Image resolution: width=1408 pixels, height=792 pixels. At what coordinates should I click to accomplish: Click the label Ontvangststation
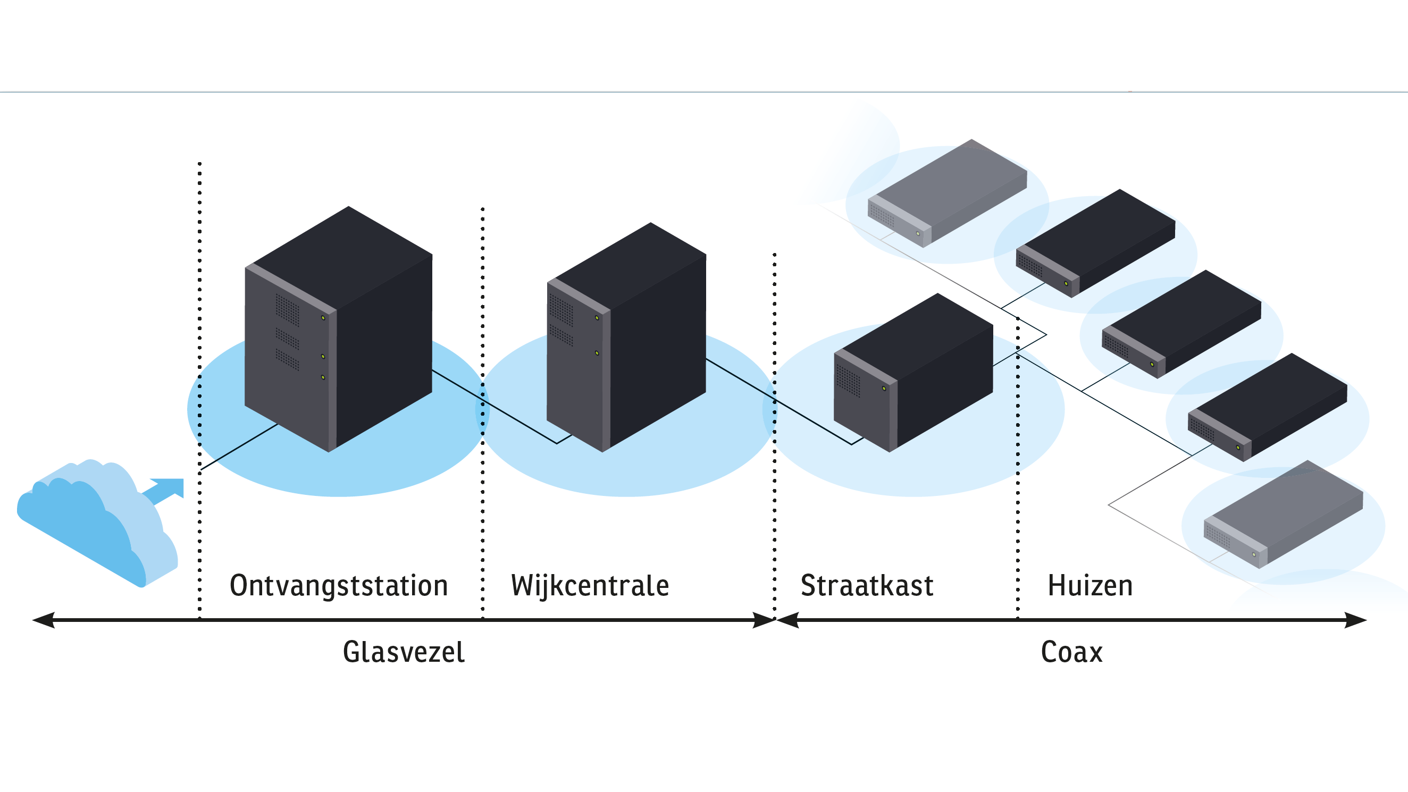click(339, 585)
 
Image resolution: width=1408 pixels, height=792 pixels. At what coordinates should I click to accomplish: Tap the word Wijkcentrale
click(590, 585)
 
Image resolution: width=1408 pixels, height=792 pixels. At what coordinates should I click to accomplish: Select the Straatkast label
click(867, 585)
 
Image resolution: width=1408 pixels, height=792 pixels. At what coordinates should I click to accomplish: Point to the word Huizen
click(1090, 585)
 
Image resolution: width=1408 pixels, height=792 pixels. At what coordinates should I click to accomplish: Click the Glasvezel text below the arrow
click(404, 652)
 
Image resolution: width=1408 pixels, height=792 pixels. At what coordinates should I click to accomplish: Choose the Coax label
click(1071, 652)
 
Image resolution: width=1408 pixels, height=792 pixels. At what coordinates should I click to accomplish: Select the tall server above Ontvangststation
click(338, 328)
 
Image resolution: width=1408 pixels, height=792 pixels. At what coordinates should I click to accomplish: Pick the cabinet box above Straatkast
click(913, 372)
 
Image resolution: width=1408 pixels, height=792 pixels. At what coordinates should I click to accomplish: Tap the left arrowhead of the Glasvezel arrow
click(44, 620)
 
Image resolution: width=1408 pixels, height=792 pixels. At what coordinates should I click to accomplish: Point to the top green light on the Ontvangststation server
click(323, 317)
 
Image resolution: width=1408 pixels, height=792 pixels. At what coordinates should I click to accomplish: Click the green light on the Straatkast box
click(884, 389)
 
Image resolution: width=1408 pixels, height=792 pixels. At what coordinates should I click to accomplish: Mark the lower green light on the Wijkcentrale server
click(597, 353)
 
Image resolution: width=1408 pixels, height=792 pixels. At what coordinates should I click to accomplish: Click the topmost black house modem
click(1095, 243)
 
